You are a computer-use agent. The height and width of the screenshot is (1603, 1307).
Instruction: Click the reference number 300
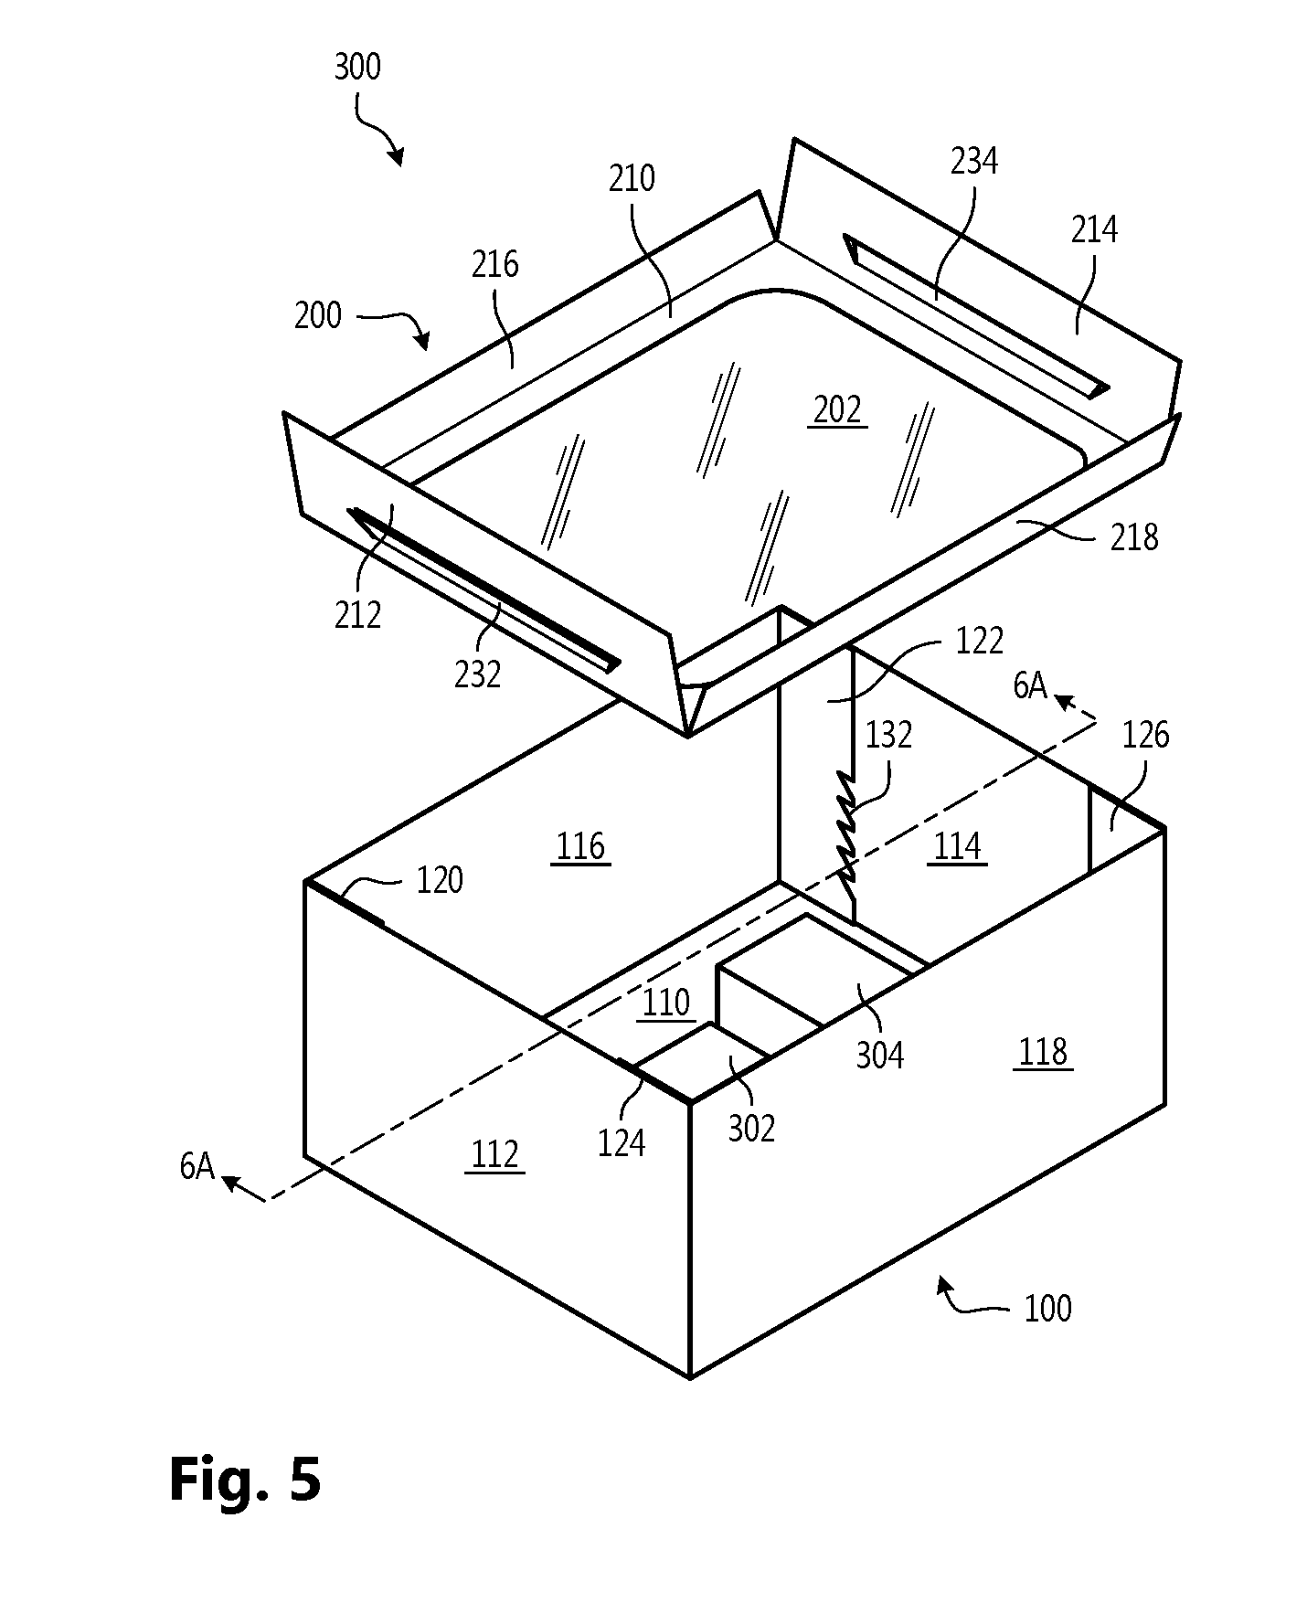[x=357, y=68]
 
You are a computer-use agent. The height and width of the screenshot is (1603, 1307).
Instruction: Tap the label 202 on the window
[x=837, y=410]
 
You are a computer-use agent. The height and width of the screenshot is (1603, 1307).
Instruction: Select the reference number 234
[x=974, y=162]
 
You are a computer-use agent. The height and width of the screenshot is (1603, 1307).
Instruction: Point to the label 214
[x=1094, y=229]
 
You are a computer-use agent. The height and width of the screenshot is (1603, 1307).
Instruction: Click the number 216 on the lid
[x=495, y=264]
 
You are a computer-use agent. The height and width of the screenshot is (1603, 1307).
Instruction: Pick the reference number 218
[x=1134, y=537]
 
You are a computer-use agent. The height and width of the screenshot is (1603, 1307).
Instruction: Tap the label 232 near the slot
[x=478, y=674]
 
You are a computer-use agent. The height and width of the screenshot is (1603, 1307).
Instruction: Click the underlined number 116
[x=581, y=847]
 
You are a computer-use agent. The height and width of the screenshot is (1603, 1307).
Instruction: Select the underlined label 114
[x=957, y=847]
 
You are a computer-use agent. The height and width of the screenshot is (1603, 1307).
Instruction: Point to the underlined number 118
[x=1043, y=1052]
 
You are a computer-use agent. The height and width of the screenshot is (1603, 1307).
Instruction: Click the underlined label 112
[x=494, y=1154]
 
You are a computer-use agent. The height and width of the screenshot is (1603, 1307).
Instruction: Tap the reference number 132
[x=888, y=734]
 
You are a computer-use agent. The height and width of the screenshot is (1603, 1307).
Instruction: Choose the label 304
[x=880, y=1055]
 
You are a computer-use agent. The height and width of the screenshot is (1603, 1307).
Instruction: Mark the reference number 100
[x=1047, y=1308]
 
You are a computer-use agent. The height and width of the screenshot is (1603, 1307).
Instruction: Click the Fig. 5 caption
[x=245, y=1479]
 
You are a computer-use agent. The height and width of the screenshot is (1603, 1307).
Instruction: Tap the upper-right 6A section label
[x=1030, y=685]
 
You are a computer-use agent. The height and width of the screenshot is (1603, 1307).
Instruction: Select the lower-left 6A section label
[x=197, y=1166]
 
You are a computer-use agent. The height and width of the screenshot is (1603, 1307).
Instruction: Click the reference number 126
[x=1145, y=734]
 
